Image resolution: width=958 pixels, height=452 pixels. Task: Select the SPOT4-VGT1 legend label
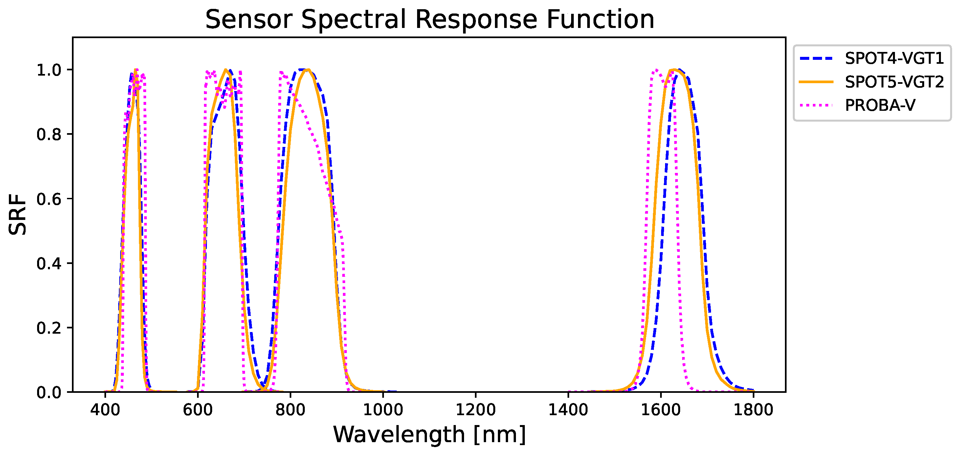tap(894, 59)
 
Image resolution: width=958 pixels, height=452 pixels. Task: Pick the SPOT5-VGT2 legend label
tap(894, 82)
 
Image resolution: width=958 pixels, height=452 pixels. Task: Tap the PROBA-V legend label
tap(880, 106)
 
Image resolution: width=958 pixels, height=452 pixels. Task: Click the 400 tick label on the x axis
tap(105, 410)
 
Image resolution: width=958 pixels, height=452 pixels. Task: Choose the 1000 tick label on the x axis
tap(383, 410)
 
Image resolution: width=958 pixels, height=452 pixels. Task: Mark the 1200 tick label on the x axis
tap(476, 410)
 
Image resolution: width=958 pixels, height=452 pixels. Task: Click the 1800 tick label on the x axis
tap(753, 410)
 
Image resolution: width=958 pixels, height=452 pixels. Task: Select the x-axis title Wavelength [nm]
tap(429, 435)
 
